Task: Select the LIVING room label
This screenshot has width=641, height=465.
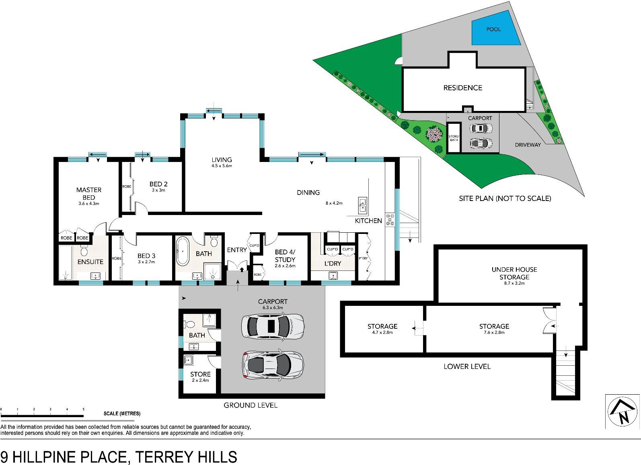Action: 222,160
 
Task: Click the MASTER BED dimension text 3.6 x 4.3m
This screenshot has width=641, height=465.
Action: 89,204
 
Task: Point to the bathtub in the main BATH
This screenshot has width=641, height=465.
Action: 182,251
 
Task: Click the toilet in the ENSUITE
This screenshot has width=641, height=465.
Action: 84,250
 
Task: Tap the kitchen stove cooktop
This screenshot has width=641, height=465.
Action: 390,219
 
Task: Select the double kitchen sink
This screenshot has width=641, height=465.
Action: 362,205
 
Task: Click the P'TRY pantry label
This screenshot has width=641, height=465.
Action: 363,258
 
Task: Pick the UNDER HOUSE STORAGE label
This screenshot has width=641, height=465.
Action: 514,273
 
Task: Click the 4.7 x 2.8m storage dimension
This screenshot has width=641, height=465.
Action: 382,332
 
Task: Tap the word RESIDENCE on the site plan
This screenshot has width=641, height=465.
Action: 463,88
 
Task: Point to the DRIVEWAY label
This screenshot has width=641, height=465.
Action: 528,145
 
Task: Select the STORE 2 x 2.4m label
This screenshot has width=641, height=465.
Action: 200,377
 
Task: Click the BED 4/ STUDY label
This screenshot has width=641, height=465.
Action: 285,256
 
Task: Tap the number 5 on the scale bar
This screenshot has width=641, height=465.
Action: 84,409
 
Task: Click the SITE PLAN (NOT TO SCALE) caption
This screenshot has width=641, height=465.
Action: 505,199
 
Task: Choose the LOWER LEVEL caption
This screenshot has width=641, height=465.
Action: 467,367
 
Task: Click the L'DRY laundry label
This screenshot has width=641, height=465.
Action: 333,263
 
